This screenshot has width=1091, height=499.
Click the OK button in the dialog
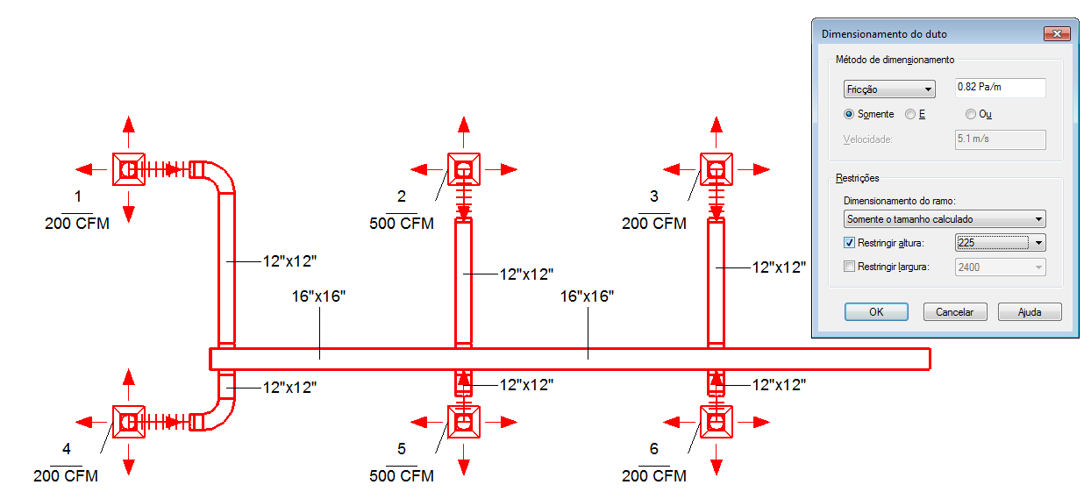tap(876, 312)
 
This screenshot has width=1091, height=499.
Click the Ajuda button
tap(1030, 312)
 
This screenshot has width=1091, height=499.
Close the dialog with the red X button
tap(1057, 33)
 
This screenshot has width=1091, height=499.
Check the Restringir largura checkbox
tap(849, 267)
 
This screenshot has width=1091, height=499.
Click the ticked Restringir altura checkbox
tap(849, 242)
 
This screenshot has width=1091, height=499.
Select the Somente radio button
tap(849, 114)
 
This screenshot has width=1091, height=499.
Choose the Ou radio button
tap(971, 114)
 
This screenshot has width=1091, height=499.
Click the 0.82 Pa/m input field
tap(1000, 88)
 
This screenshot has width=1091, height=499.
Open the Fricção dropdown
tap(889, 89)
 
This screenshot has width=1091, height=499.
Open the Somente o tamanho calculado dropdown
tap(945, 219)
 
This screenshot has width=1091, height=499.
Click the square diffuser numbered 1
tap(129, 169)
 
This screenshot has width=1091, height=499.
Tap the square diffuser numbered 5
tap(464, 422)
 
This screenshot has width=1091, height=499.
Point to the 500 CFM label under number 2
tap(402, 224)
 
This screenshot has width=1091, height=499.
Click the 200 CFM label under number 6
tap(653, 475)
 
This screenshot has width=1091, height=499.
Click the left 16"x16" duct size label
tap(318, 296)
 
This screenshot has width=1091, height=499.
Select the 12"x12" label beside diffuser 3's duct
tap(779, 267)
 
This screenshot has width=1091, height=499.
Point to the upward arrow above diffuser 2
tap(464, 132)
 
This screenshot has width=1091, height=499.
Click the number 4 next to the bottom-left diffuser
tap(67, 448)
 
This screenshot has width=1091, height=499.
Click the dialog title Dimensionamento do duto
tap(884, 34)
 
